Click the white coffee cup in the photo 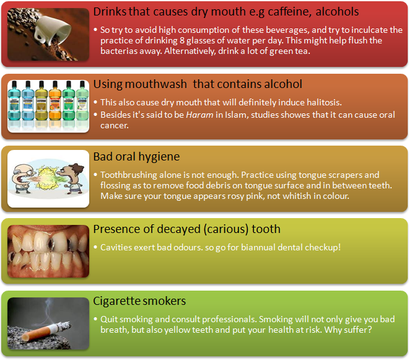(x=52, y=28)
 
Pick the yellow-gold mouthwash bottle (x=41, y=105)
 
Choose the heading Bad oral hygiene (x=136, y=157)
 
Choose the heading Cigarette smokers (x=139, y=301)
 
